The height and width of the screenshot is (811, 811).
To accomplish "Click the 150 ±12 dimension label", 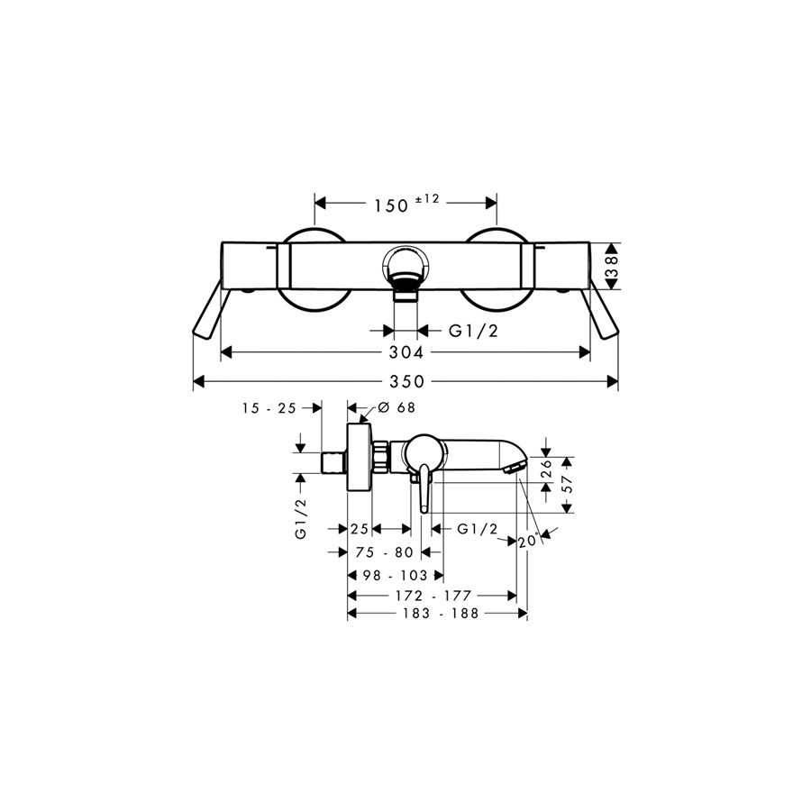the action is point(406,204).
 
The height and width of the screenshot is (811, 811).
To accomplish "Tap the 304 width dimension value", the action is point(406,352).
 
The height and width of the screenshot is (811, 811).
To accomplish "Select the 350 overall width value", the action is point(406,382).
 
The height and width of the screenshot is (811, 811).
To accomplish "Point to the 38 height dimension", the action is point(612,267).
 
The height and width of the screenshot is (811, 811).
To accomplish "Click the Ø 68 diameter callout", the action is point(396,407).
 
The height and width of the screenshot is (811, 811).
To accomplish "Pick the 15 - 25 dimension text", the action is point(269,408).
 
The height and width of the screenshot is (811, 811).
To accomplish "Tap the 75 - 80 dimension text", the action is point(385,552).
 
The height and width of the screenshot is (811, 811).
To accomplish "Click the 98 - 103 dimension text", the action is point(396,575).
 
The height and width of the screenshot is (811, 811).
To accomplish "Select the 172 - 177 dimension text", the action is point(433,596).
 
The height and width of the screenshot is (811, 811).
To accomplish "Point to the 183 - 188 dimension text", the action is point(441,614).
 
